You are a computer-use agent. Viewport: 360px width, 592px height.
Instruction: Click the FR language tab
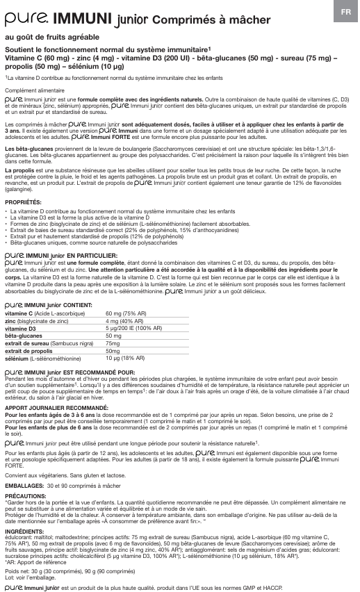[345, 12]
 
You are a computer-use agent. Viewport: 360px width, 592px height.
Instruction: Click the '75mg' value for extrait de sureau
[112, 343]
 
